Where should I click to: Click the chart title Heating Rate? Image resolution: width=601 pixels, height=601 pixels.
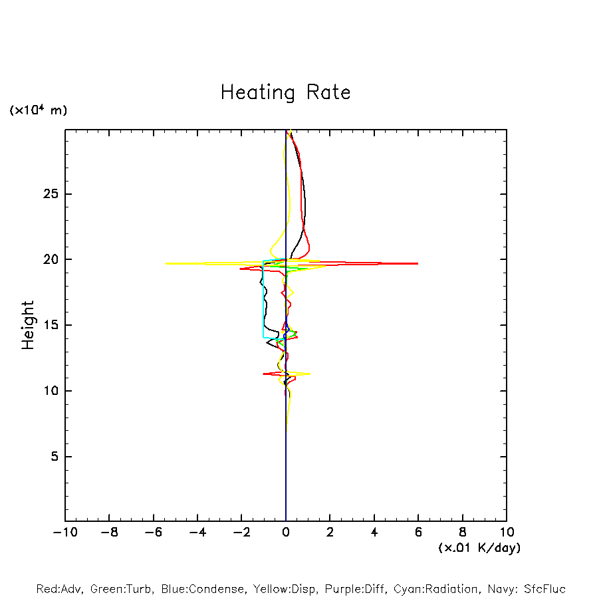285,92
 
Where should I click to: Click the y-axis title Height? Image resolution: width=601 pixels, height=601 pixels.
28,325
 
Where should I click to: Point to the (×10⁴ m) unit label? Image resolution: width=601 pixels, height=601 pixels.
38,110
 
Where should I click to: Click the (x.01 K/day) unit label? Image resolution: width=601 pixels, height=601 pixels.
479,548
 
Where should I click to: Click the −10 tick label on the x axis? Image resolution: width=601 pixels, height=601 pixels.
64,533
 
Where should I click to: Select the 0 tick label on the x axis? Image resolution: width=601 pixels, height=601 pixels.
286,533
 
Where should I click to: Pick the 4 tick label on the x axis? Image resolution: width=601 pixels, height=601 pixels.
374,533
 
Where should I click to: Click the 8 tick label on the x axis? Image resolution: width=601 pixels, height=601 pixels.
463,533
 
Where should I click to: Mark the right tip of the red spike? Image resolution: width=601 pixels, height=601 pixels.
418,263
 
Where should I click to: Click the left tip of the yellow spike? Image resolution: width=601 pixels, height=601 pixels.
166,263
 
